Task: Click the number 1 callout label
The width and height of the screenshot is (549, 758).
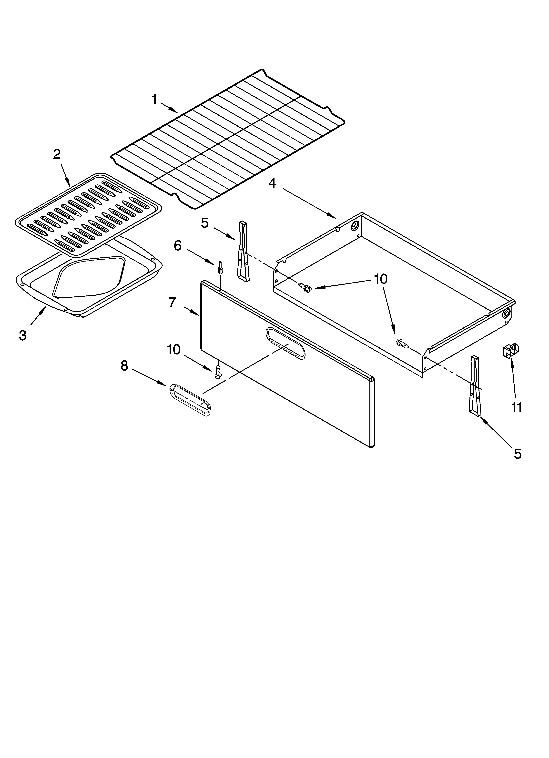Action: tap(154, 100)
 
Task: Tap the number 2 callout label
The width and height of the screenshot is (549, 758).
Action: tap(57, 154)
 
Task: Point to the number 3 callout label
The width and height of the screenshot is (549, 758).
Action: tap(23, 335)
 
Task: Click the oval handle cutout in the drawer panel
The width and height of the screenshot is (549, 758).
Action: tap(285, 343)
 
